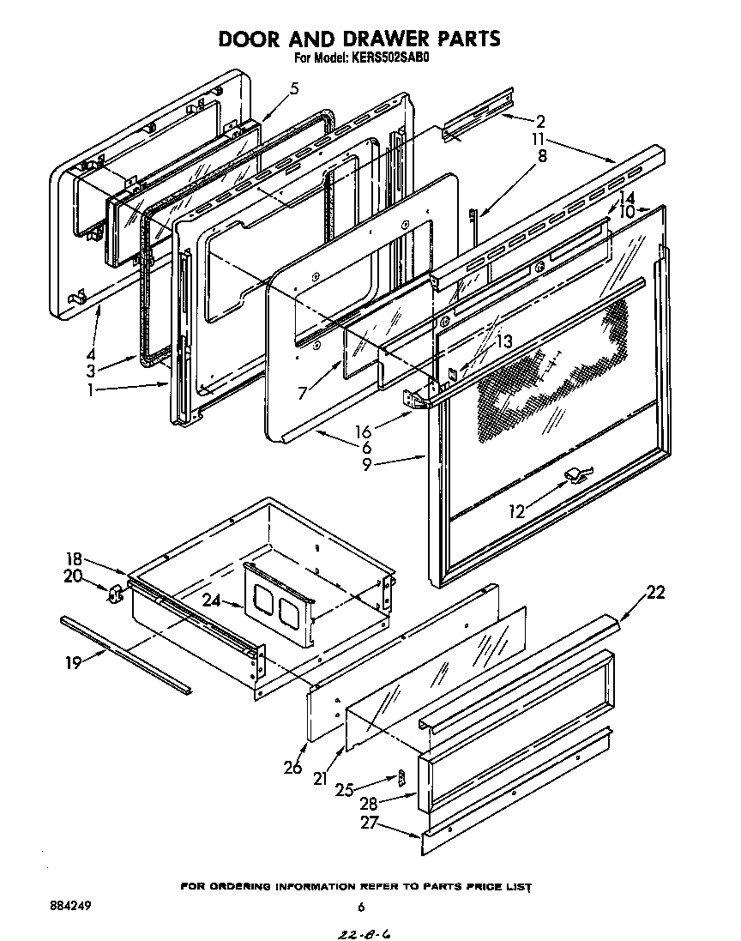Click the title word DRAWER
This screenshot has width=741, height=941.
point(370,39)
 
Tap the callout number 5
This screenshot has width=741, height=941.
point(294,87)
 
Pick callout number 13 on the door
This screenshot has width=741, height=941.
point(504,341)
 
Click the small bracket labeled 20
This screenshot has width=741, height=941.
point(114,594)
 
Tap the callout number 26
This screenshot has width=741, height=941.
point(292,766)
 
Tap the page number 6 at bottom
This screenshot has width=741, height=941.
point(361,908)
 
